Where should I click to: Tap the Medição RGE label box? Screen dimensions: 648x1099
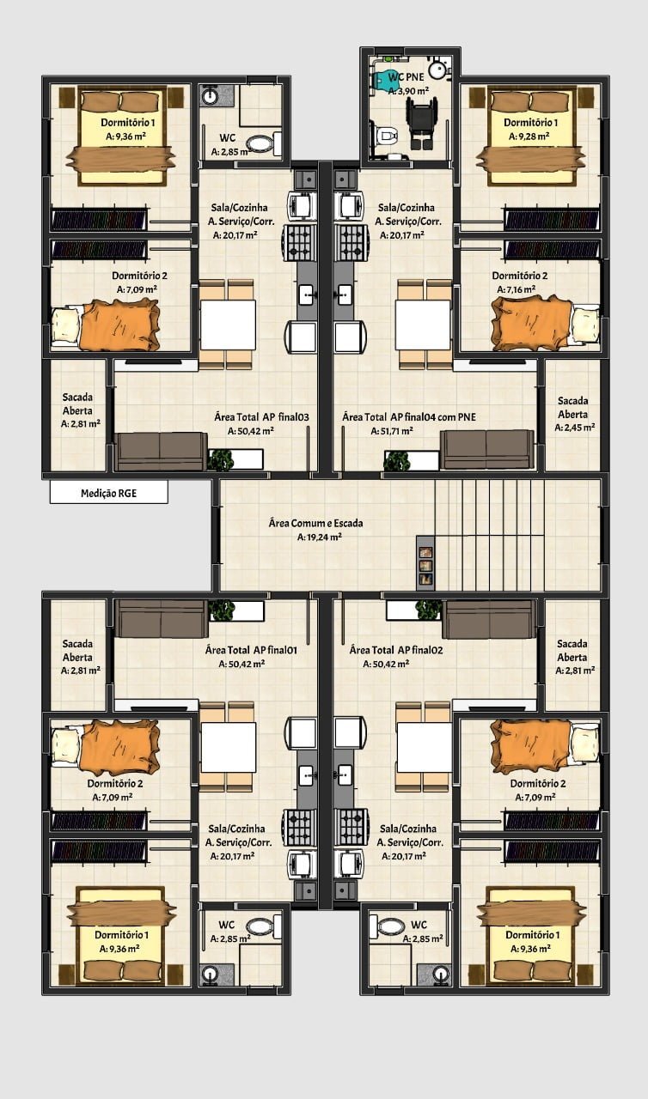coord(109,492)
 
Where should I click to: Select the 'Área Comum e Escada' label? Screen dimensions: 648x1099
coord(315,523)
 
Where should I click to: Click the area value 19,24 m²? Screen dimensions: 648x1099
coord(320,537)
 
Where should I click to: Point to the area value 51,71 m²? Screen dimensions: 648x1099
coord(392,431)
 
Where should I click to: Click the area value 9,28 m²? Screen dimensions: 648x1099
coord(529,136)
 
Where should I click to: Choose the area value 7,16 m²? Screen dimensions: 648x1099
coord(516,289)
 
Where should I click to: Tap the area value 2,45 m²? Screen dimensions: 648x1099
coord(575,428)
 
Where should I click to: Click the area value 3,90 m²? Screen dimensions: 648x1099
coord(408,91)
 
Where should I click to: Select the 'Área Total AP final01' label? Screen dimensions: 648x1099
coord(251,650)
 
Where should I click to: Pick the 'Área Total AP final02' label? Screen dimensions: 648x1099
coord(396,650)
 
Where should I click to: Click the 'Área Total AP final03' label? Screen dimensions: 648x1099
coord(261,417)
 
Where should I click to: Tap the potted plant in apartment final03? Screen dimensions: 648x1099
coord(220,460)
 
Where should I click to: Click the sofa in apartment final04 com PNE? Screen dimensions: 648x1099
coord(487,451)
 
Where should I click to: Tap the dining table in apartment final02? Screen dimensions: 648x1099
coord(424,747)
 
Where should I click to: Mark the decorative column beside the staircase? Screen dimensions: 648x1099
coord(425,562)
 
